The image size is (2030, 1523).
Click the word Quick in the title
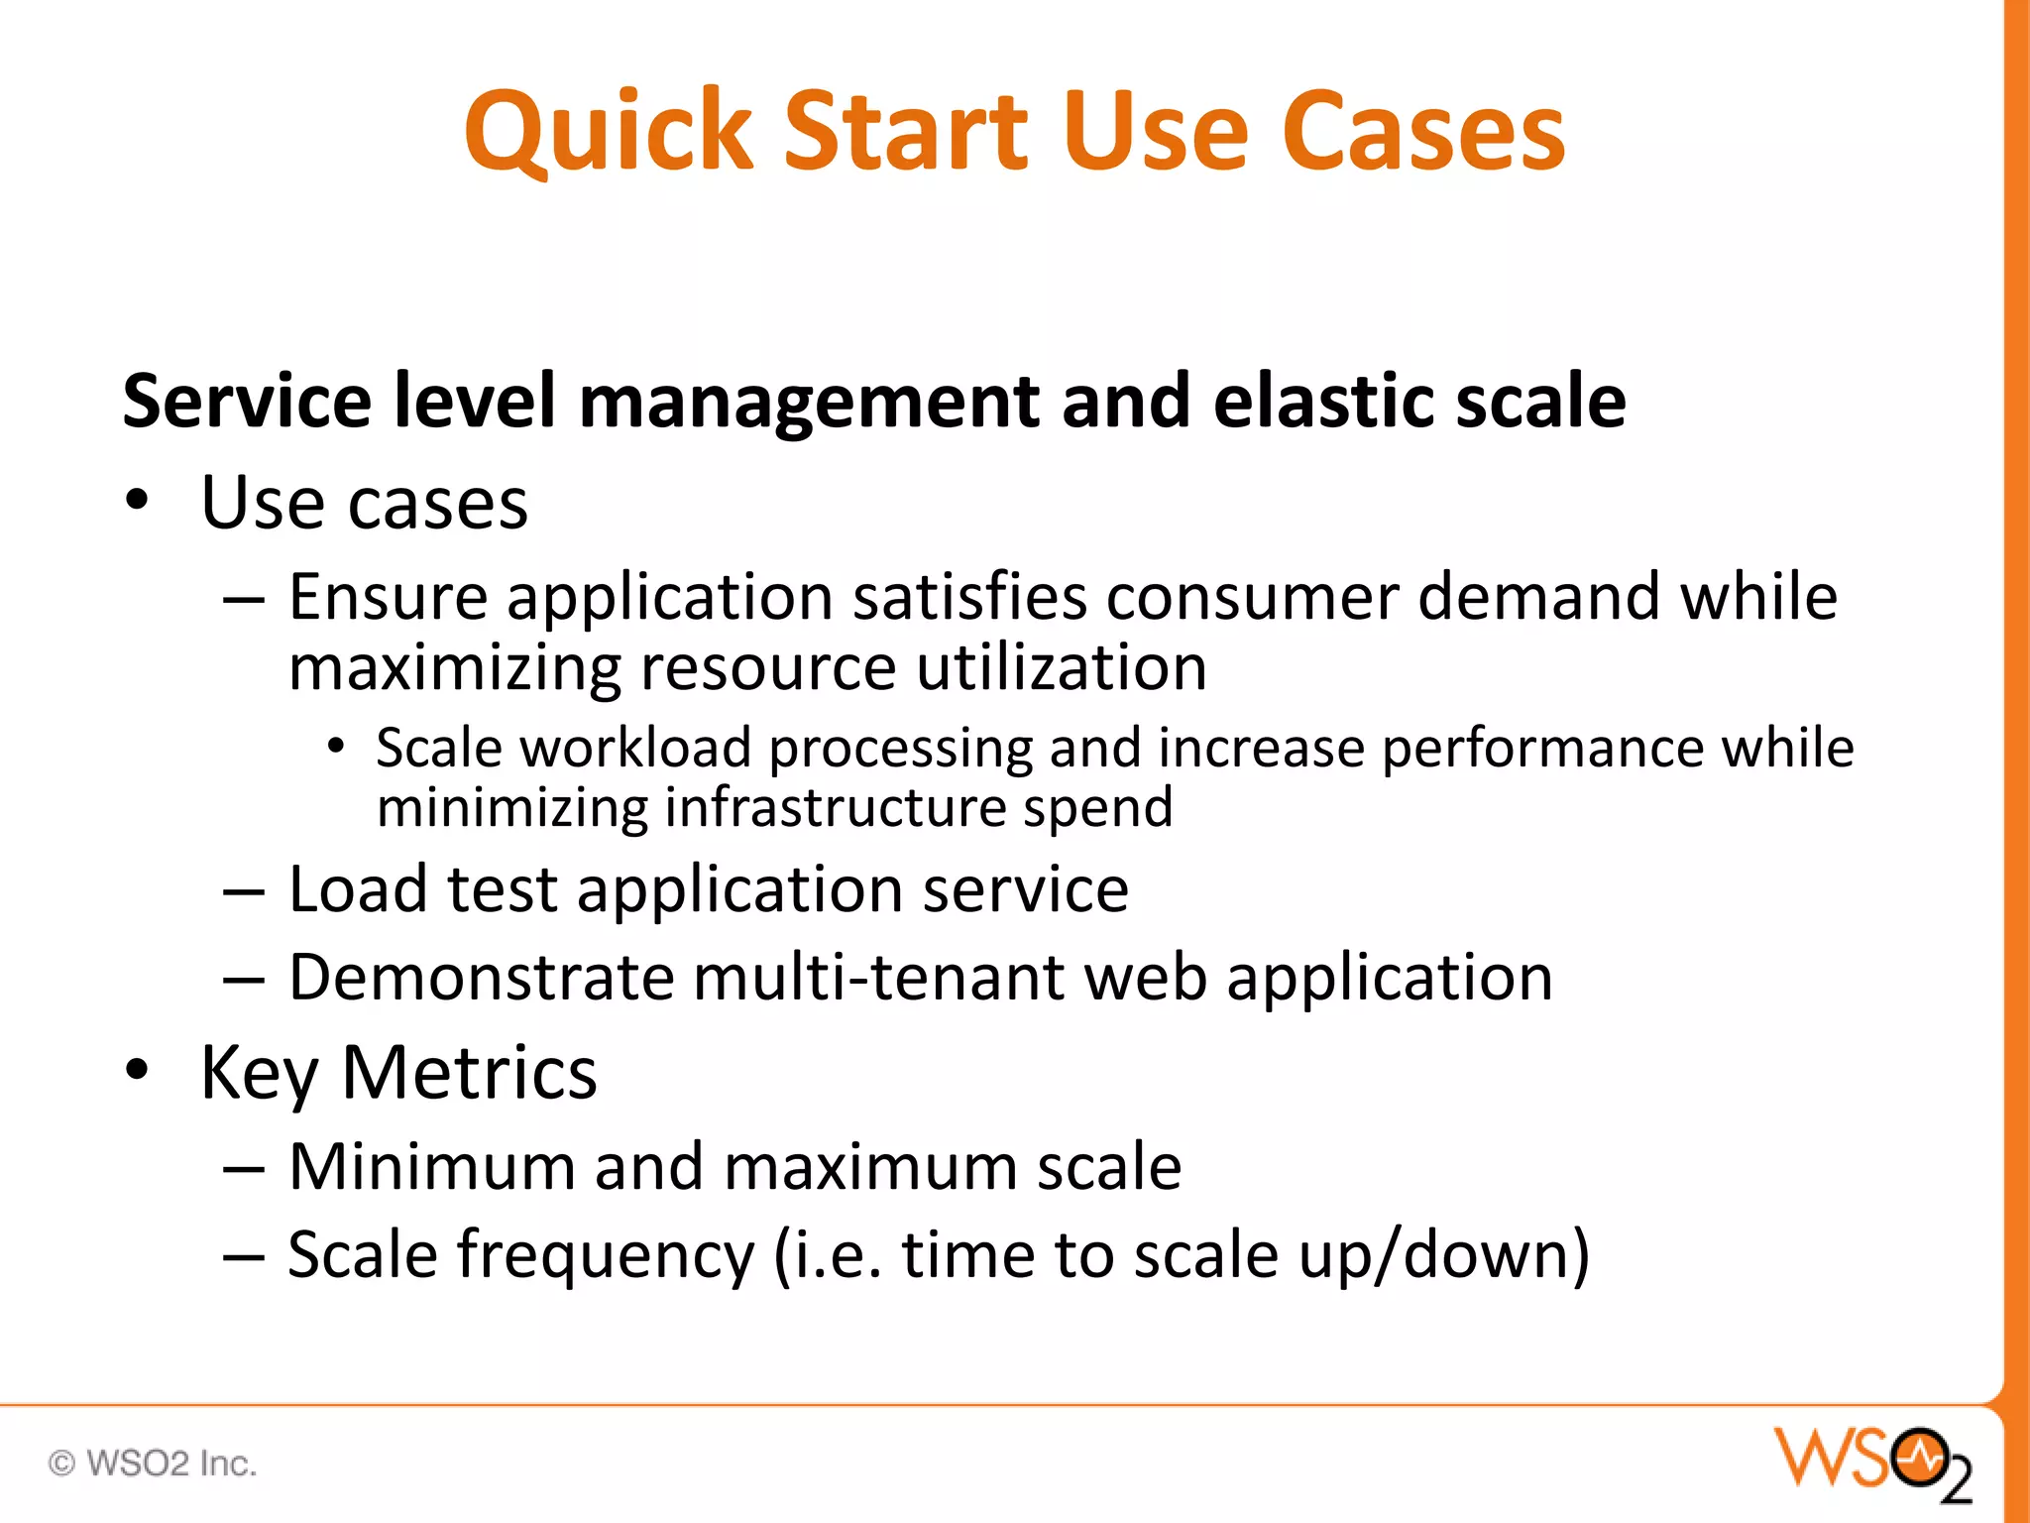point(608,132)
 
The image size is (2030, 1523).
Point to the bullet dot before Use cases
point(137,502)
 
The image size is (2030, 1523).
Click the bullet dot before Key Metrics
point(137,1071)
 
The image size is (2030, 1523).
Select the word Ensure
point(388,598)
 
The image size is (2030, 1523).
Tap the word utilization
point(1061,667)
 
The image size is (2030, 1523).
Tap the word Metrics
point(469,1073)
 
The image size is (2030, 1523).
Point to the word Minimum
point(431,1166)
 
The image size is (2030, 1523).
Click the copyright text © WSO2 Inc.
point(153,1464)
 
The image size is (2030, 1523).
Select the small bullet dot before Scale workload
point(337,746)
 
